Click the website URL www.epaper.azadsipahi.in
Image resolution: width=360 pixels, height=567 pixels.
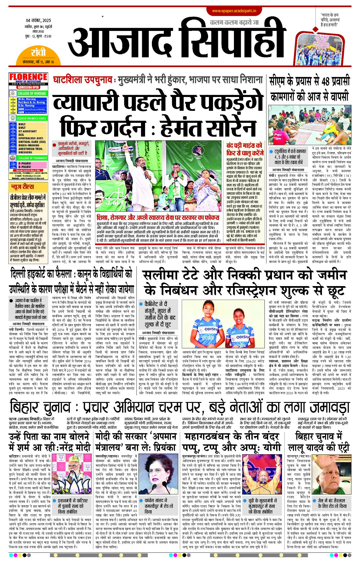pyautogui.click(x=234, y=11)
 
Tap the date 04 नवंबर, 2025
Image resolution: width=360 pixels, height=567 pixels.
pyautogui.click(x=38, y=20)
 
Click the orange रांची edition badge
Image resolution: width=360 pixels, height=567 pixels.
pyautogui.click(x=38, y=53)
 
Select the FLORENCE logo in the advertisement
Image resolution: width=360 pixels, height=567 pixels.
pyautogui.click(x=28, y=77)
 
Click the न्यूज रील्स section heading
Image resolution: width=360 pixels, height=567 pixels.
pyautogui.click(x=22, y=187)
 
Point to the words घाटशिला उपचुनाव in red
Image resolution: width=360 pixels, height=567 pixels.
pyautogui.click(x=82, y=80)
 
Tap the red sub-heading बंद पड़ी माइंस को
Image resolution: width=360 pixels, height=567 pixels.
pyautogui.click(x=244, y=145)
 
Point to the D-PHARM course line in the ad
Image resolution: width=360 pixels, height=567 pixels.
pyautogui.click(x=24, y=164)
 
